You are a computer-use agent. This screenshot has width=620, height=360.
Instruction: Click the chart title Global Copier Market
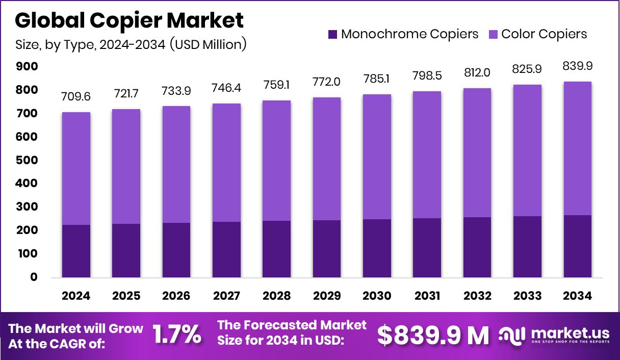[x=130, y=20]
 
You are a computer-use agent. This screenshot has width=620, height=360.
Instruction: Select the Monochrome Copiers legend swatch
[x=332, y=35]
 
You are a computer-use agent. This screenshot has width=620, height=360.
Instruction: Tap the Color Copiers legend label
[x=544, y=34]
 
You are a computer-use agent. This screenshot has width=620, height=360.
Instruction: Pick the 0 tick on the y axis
[x=33, y=277]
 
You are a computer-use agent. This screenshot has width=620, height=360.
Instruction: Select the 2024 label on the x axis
[x=76, y=296]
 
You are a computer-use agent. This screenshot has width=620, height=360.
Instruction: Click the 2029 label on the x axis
[x=326, y=296]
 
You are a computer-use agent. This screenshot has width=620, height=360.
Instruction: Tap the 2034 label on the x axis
[x=577, y=296]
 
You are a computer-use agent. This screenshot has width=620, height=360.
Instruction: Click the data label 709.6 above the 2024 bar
[x=76, y=96]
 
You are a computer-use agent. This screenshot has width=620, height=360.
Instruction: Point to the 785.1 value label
[x=377, y=79]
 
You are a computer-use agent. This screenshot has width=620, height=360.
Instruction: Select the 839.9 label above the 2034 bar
[x=577, y=66]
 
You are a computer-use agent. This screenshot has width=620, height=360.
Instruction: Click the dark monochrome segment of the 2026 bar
[x=176, y=250]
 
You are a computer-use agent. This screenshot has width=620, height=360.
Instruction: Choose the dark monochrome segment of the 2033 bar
[x=527, y=247]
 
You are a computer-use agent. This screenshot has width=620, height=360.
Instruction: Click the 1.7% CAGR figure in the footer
[x=177, y=335]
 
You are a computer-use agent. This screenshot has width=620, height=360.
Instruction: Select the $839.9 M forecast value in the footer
[x=433, y=335]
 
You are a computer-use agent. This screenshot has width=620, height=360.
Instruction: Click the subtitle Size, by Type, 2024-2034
[x=131, y=44]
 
